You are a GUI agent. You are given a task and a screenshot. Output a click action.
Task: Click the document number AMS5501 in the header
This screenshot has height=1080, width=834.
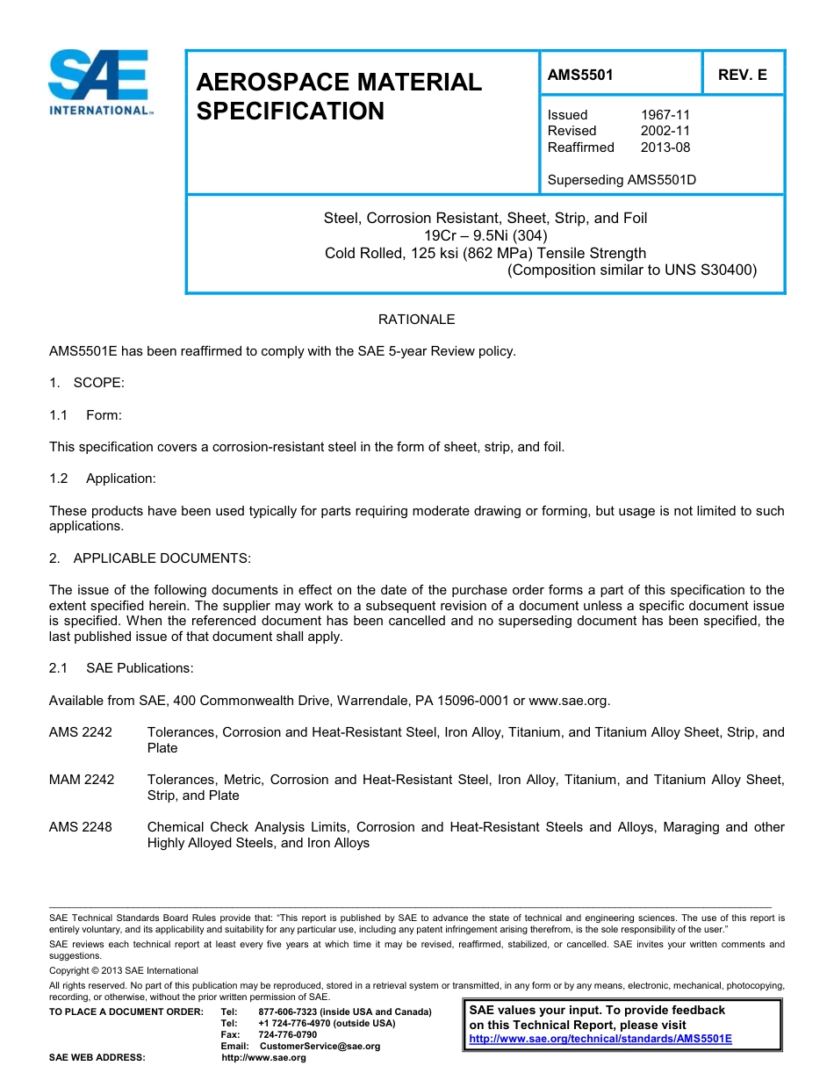580,75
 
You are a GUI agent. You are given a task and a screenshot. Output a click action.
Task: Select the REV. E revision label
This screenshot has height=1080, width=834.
742,75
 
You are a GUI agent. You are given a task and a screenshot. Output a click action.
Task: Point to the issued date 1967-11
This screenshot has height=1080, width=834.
665,115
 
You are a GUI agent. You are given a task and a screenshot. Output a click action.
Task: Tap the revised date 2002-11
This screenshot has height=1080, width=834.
665,131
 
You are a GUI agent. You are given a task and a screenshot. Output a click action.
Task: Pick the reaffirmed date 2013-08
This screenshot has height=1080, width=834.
665,148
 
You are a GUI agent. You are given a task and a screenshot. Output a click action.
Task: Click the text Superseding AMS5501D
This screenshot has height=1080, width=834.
622,180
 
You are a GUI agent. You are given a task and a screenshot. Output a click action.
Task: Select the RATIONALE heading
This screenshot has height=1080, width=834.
416,320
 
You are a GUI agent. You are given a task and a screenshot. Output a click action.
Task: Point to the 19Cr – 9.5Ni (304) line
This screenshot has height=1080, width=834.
485,235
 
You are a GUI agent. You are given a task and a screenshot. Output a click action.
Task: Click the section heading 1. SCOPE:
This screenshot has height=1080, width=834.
87,383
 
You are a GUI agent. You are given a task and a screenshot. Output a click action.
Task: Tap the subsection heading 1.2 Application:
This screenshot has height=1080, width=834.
103,479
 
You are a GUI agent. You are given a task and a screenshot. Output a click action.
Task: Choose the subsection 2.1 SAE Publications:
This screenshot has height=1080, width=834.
121,668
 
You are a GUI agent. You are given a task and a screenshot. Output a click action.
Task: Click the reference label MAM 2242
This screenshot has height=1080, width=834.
82,780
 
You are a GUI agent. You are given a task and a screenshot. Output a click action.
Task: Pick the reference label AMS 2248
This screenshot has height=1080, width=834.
81,827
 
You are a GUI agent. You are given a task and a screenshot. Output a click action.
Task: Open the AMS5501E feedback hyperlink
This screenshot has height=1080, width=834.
600,1039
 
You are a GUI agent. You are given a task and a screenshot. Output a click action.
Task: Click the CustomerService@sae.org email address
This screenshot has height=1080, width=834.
320,1047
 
